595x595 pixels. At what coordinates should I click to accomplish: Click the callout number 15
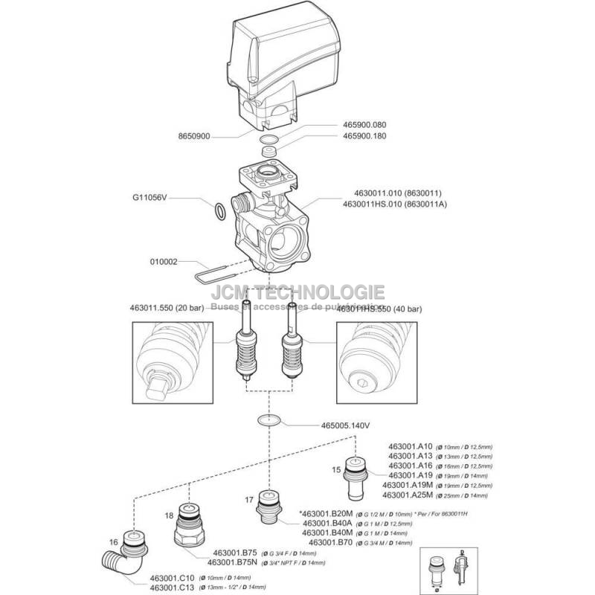click(336, 469)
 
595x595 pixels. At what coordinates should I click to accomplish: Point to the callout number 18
click(169, 514)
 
